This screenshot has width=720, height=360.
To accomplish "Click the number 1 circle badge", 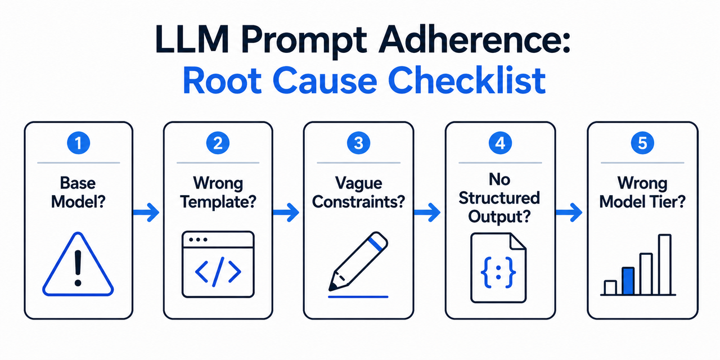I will pyautogui.click(x=78, y=143).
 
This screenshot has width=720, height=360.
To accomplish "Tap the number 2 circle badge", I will pyautogui.click(x=218, y=143).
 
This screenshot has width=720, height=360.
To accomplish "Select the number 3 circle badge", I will pyautogui.click(x=358, y=143).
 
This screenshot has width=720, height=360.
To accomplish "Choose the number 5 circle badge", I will pyautogui.click(x=642, y=143).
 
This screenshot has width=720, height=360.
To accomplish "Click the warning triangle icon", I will pyautogui.click(x=78, y=265).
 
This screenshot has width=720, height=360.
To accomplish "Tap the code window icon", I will pyautogui.click(x=218, y=264).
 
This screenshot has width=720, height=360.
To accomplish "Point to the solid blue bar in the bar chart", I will pyautogui.click(x=628, y=281).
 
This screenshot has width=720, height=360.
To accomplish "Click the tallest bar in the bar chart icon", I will pyautogui.click(x=664, y=264).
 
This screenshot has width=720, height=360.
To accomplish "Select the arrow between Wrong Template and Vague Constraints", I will pyautogui.click(x=287, y=212).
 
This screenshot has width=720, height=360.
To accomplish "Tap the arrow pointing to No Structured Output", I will pyautogui.click(x=429, y=212).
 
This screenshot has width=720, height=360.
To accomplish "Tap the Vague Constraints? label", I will pyautogui.click(x=358, y=192).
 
